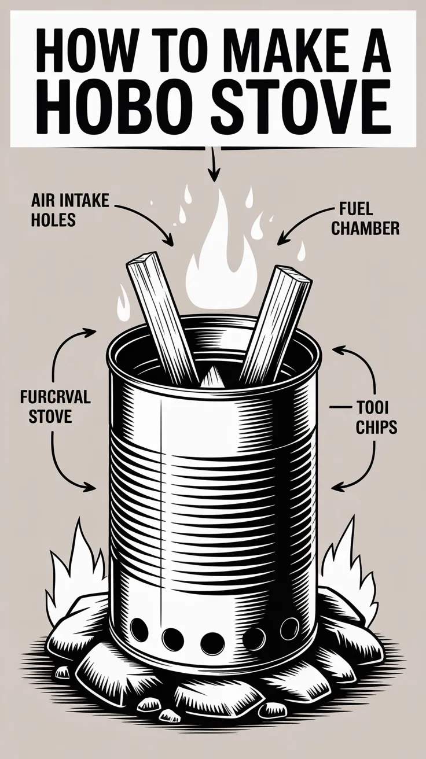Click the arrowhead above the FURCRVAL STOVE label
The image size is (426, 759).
tap(92, 332)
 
